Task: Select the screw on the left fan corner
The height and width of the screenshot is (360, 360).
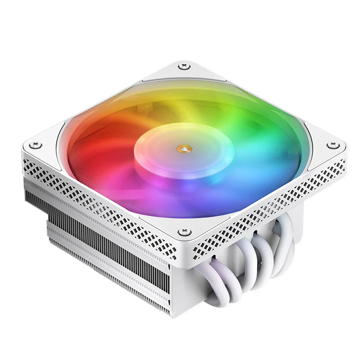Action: [x=36, y=145]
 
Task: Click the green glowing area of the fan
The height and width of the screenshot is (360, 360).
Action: [x=256, y=121]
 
